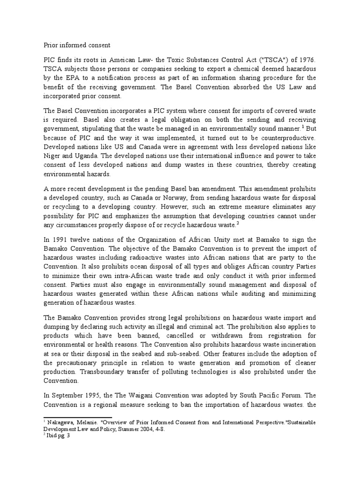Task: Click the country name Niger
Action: point(53,157)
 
